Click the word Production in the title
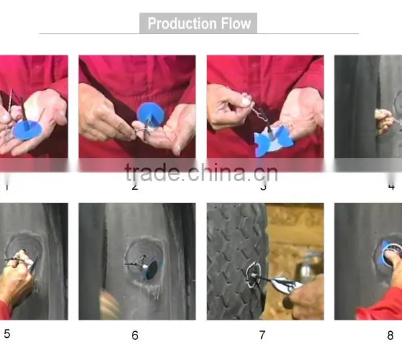coord(182,23)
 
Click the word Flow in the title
coord(236,23)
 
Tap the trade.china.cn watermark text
coord(201,173)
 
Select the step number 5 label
coord(7,334)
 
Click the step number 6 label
coord(135,335)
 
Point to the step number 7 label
coord(262,335)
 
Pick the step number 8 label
coord(390,335)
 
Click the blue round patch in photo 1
coord(27,129)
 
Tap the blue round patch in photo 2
coord(151,114)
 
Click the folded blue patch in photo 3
coord(273,141)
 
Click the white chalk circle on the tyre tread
coord(253,275)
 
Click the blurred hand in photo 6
coord(111,304)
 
